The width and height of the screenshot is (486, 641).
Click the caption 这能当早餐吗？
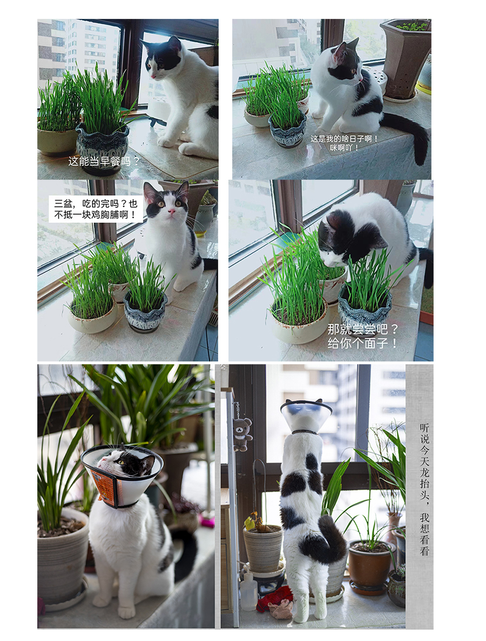(104, 161)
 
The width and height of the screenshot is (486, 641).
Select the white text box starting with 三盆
(96, 209)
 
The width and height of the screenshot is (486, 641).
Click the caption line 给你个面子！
(362, 343)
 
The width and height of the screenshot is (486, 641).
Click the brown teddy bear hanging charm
(242, 434)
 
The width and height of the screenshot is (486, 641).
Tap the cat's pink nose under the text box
(172, 212)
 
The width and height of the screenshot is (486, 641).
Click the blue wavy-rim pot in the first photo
(102, 145)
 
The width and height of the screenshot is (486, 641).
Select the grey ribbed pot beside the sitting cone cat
(62, 556)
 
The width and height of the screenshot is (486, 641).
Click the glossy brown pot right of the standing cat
(370, 566)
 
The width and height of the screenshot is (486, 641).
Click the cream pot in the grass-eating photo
(300, 323)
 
